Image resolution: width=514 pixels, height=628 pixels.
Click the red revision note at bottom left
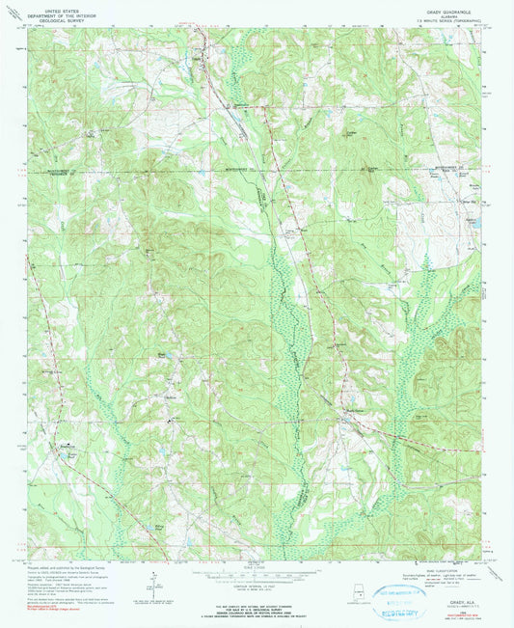point(66,609)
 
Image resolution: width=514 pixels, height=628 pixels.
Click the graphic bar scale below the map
point(256,565)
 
